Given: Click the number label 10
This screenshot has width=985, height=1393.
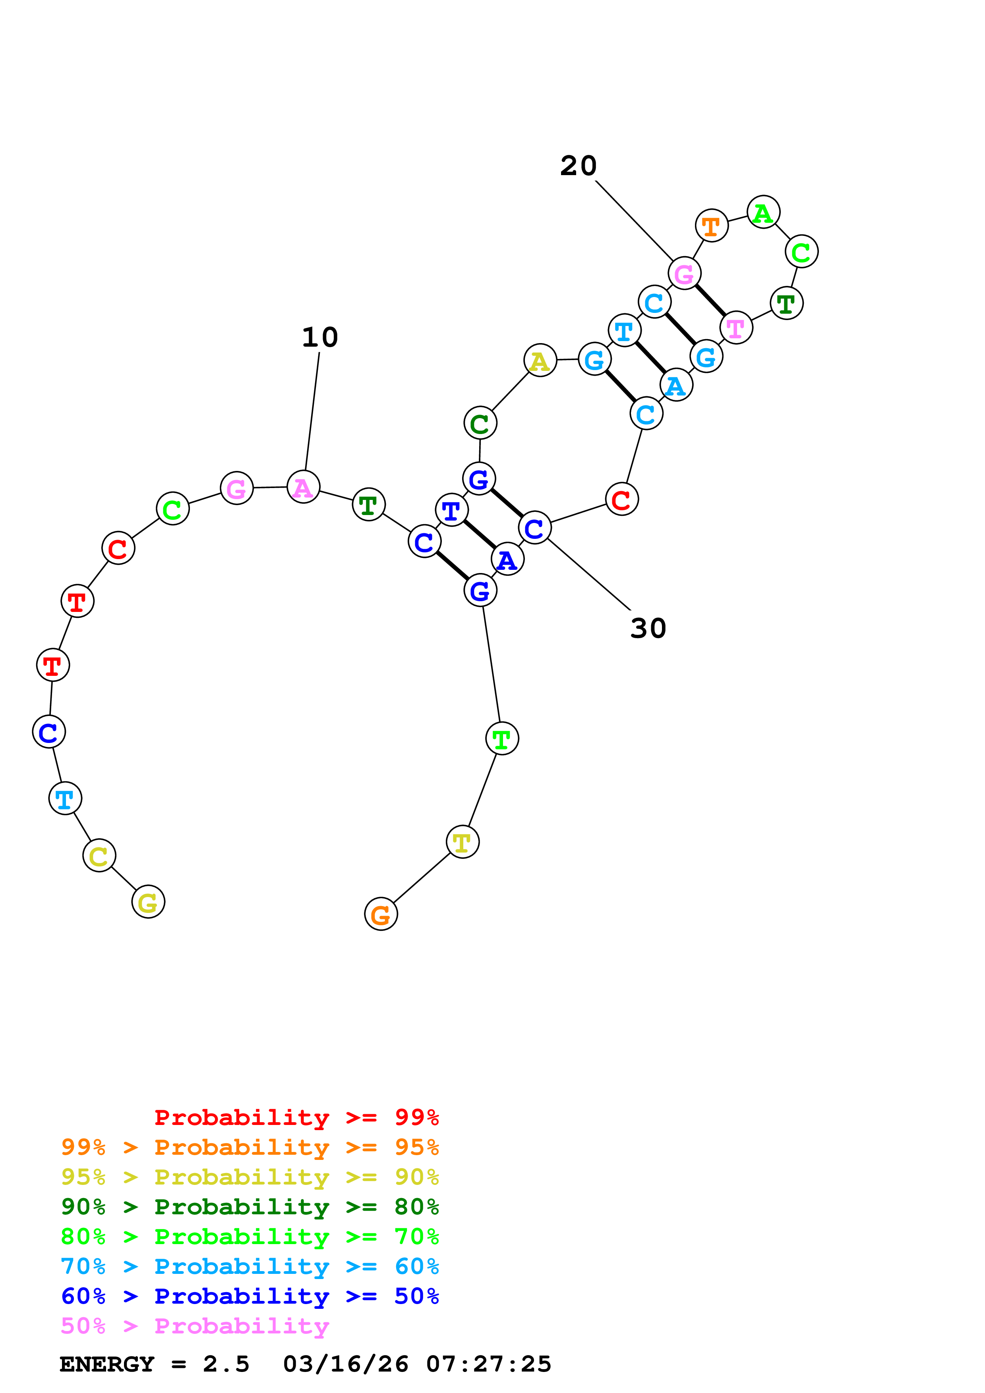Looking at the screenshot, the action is pyautogui.click(x=320, y=337).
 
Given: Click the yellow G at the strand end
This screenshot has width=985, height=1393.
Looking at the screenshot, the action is pyautogui.click(x=148, y=901).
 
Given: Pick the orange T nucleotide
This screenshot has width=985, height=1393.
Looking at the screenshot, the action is pyautogui.click(x=711, y=226).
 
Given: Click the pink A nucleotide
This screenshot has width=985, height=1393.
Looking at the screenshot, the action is pyautogui.click(x=303, y=487).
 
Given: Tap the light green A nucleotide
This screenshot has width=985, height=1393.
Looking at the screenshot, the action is pyautogui.click(x=763, y=212).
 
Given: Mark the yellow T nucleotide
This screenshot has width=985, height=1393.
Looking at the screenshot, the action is pyautogui.click(x=463, y=842).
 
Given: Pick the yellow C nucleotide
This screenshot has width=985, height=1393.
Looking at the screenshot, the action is pyautogui.click(x=99, y=855).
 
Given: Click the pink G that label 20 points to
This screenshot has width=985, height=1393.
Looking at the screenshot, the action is pyautogui.click(x=684, y=274).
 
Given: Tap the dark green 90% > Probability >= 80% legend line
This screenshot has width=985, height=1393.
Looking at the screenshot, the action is pyautogui.click(x=250, y=1207).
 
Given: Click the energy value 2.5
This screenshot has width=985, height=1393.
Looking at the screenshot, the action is pyautogui.click(x=226, y=1364).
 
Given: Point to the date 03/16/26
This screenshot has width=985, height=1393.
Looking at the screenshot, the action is pyautogui.click(x=345, y=1364).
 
